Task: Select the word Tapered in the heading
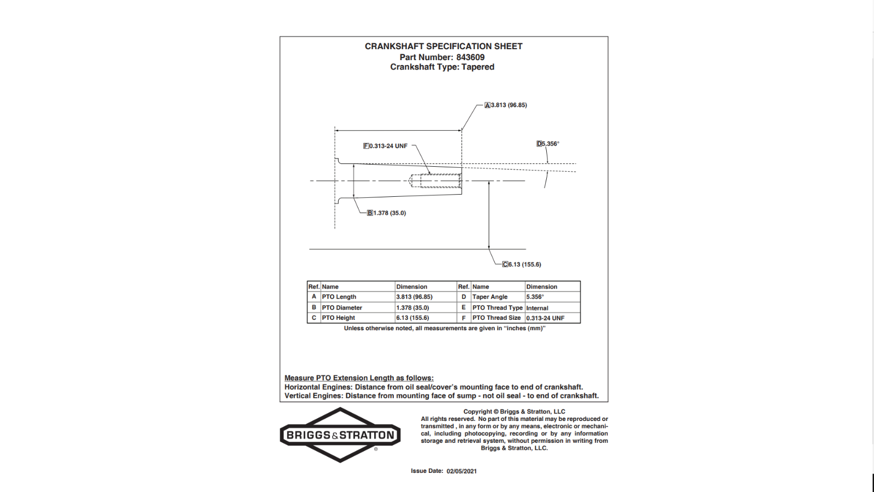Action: click(x=478, y=67)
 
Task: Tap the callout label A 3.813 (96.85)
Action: click(x=506, y=105)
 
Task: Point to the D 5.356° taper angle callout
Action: click(x=548, y=144)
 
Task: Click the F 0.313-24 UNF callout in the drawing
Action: click(x=386, y=146)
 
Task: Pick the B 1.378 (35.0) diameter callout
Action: click(x=387, y=213)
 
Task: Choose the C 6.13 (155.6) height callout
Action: click(x=522, y=264)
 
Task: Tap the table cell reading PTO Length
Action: click(x=339, y=297)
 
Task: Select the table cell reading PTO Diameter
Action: click(x=342, y=308)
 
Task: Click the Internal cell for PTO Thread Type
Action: click(x=538, y=308)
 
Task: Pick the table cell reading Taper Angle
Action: click(x=490, y=297)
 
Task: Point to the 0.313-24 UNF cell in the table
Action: click(x=545, y=318)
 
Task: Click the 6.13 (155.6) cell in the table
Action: click(x=412, y=318)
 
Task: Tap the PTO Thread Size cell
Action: click(x=497, y=318)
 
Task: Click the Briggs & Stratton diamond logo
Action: click(x=340, y=435)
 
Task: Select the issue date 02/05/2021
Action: click(x=462, y=471)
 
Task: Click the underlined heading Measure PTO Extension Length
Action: click(x=359, y=378)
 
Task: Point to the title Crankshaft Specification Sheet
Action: click(x=444, y=46)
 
